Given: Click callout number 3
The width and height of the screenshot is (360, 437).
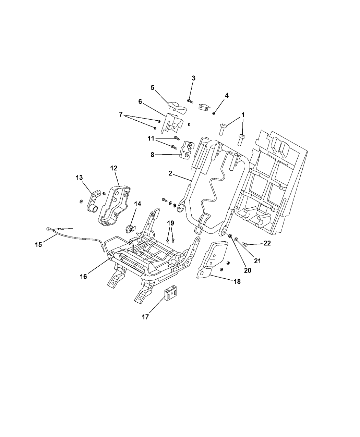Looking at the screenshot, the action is point(193,78).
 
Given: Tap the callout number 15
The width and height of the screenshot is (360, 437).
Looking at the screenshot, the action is point(38,244).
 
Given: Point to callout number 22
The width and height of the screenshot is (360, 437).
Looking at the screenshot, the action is point(267,243).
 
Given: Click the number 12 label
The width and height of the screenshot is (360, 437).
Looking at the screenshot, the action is point(114,168).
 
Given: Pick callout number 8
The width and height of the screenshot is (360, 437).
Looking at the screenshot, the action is point(152,155).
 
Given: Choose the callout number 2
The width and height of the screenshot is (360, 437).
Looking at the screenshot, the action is point(170,173).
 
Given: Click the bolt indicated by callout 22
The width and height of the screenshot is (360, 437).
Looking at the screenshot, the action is point(244,244).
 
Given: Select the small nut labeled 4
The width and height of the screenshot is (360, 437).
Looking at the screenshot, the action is point(214,113).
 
